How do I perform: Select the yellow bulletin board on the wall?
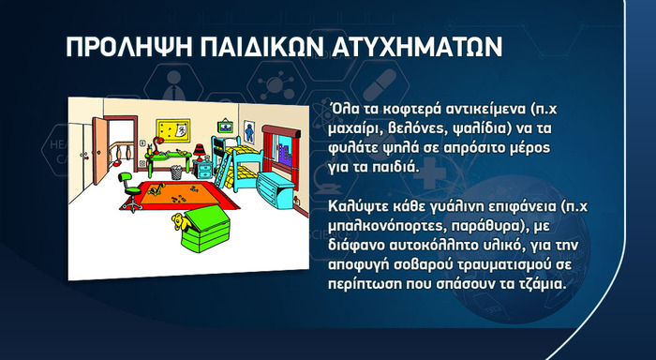tap(172, 127)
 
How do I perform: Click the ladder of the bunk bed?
tap(225, 166)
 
